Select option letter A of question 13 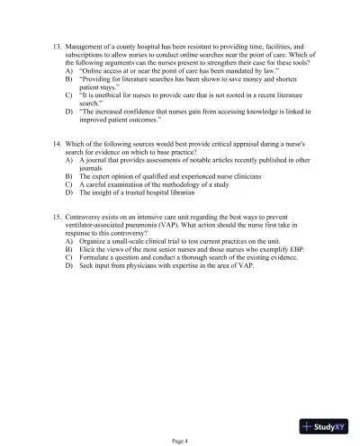pos(69,68)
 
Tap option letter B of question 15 pos(69,258)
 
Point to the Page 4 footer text pos(180,441)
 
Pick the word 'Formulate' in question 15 pos(95,266)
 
